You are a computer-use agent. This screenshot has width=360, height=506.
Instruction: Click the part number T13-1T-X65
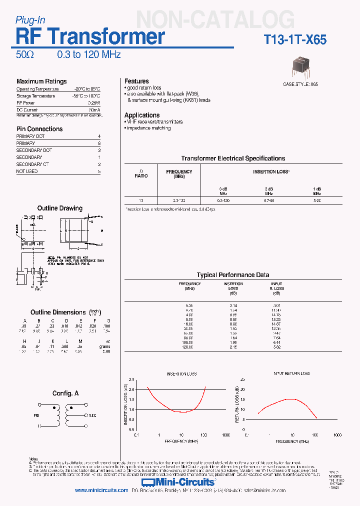[x=295, y=40]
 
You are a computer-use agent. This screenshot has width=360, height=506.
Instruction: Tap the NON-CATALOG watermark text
[x=215, y=20]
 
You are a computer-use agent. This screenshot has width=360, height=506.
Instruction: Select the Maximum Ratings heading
[x=41, y=81]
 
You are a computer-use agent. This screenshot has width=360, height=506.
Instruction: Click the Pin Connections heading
[x=39, y=129]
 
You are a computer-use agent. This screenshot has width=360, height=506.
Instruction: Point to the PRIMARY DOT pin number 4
[x=99, y=136]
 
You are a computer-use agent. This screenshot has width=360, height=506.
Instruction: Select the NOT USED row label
[x=27, y=171]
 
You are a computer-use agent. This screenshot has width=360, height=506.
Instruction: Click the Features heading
[x=136, y=81]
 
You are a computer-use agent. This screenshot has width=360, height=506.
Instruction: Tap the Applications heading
[x=142, y=115]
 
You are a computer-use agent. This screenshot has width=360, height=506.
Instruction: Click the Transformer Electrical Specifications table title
[x=233, y=158]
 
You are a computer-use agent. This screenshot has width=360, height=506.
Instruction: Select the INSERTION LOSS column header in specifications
[x=271, y=171]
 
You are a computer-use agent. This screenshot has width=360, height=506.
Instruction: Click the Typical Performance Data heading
[x=233, y=275]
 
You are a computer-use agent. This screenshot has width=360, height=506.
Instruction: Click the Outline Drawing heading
[x=60, y=208]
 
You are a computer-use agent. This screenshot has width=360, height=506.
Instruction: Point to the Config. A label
[x=65, y=393]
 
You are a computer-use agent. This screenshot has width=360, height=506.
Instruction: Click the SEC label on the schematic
[x=92, y=415]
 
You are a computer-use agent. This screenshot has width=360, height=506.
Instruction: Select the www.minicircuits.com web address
[x=101, y=490]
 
